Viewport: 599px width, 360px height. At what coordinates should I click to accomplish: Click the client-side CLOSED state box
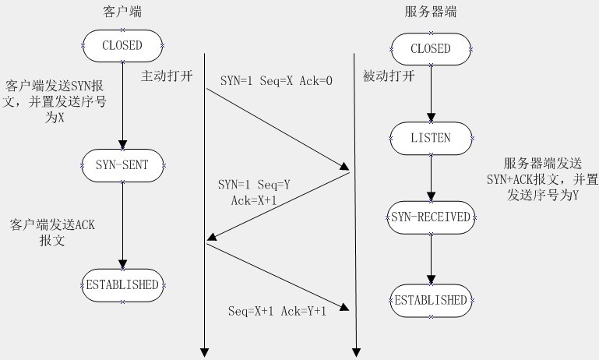(x=122, y=45)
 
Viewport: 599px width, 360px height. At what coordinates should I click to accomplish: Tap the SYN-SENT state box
(x=122, y=164)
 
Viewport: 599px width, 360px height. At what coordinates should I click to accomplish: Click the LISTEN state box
(x=430, y=138)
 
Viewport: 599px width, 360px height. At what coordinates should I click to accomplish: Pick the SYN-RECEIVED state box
(x=430, y=217)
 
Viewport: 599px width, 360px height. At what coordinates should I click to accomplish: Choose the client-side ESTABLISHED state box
(x=122, y=284)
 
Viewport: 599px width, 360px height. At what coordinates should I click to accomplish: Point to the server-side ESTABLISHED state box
(x=430, y=300)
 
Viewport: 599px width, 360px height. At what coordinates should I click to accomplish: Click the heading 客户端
(x=122, y=13)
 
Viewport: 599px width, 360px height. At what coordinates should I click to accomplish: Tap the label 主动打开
(x=164, y=76)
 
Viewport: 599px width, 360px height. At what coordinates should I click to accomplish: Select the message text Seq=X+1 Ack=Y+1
(x=277, y=311)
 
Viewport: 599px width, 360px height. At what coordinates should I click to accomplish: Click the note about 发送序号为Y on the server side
(x=549, y=181)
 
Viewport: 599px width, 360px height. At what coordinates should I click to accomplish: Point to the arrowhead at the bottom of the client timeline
(x=203, y=351)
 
